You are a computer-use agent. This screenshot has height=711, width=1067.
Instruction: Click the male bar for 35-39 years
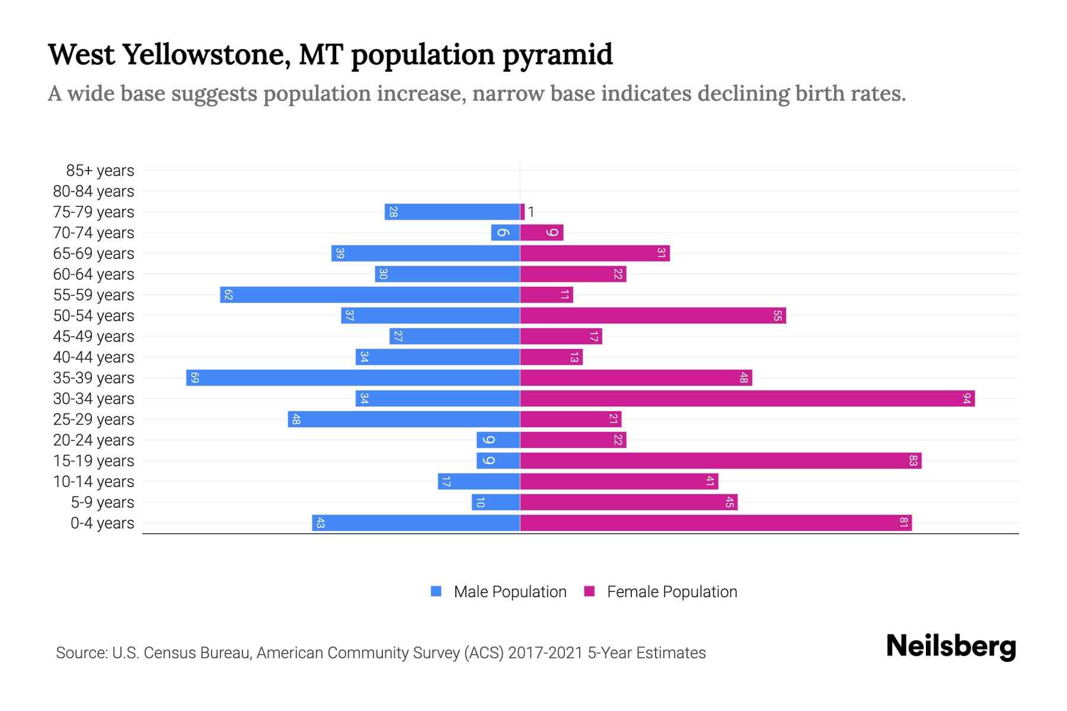pyautogui.click(x=353, y=378)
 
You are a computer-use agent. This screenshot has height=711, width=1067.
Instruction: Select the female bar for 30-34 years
pyautogui.click(x=747, y=399)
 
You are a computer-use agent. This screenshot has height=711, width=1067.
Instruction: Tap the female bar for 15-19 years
pyautogui.click(x=720, y=461)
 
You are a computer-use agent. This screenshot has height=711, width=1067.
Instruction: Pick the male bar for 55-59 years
pyautogui.click(x=370, y=295)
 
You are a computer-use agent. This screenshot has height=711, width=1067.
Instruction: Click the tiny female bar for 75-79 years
pyautogui.click(x=522, y=212)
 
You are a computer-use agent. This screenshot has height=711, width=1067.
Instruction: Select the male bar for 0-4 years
pyautogui.click(x=416, y=523)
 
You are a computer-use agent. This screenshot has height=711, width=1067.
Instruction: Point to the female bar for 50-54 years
pyautogui.click(x=653, y=316)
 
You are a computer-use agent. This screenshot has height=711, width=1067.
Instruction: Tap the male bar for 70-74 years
pyautogui.click(x=506, y=233)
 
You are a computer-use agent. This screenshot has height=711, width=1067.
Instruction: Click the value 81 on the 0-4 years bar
pyautogui.click(x=903, y=523)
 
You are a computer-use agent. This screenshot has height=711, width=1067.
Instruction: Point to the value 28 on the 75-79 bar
pyautogui.click(x=393, y=212)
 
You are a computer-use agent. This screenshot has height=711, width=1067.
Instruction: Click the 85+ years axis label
pyautogui.click(x=100, y=171)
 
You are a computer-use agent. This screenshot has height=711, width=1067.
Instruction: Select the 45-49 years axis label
pyautogui.click(x=94, y=337)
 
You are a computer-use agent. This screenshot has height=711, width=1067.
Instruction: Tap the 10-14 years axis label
pyautogui.click(x=94, y=482)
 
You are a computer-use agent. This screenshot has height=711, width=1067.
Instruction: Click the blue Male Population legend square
pyautogui.click(x=436, y=591)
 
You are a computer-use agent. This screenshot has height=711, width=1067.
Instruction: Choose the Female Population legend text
pyautogui.click(x=672, y=592)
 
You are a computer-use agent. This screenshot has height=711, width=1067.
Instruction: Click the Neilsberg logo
pyautogui.click(x=951, y=646)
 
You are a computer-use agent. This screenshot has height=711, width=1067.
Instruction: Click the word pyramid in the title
pyautogui.click(x=557, y=55)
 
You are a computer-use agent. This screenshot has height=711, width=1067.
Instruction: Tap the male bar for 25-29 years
pyautogui.click(x=404, y=419)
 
